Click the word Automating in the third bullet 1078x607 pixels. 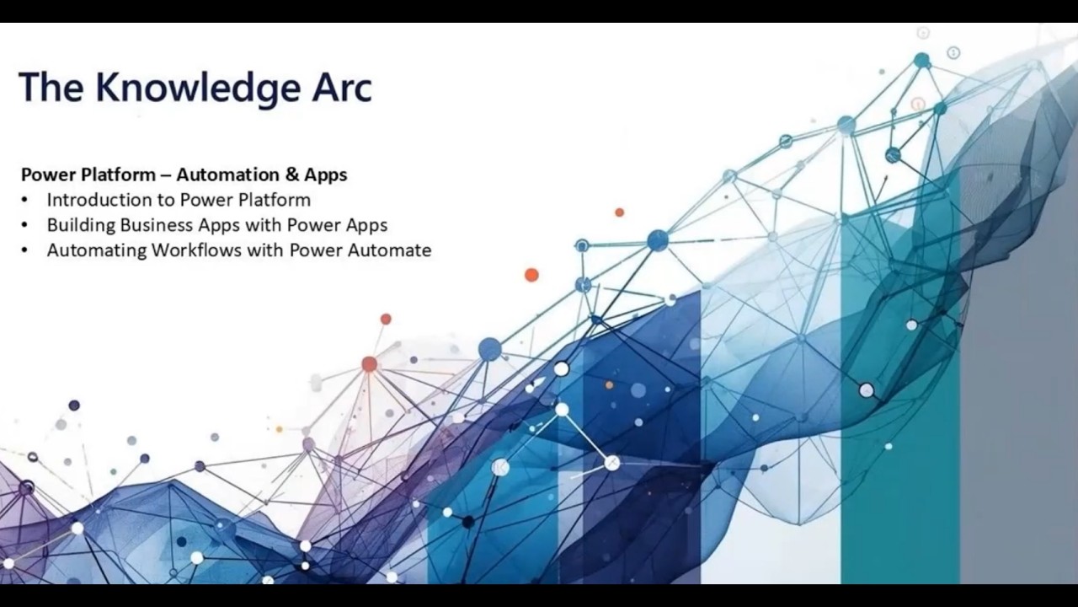point(97,250)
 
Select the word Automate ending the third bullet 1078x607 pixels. point(392,250)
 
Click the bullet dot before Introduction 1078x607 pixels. point(25,201)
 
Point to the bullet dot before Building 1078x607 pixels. point(25,226)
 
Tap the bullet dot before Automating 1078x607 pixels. point(25,251)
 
